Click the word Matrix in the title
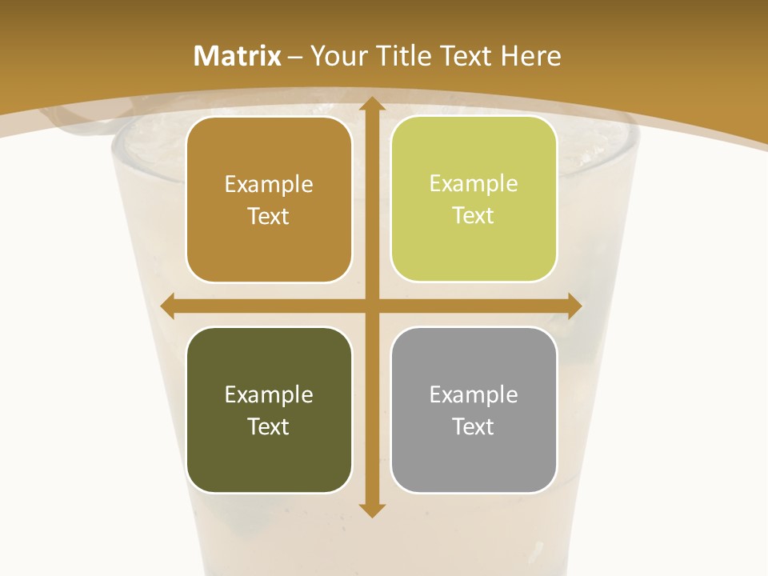pyautogui.click(x=237, y=56)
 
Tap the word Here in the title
pyautogui.click(x=530, y=56)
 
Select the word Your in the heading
pyautogui.click(x=339, y=56)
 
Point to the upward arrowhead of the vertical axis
pyautogui.click(x=371, y=104)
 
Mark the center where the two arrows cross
pyautogui.click(x=371, y=306)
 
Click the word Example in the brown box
pyautogui.click(x=269, y=185)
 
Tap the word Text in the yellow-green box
pyautogui.click(x=474, y=216)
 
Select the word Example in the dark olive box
pyautogui.click(x=269, y=395)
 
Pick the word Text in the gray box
pyautogui.click(x=474, y=426)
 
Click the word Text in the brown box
pyautogui.click(x=269, y=217)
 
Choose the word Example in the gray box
pyautogui.click(x=474, y=395)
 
